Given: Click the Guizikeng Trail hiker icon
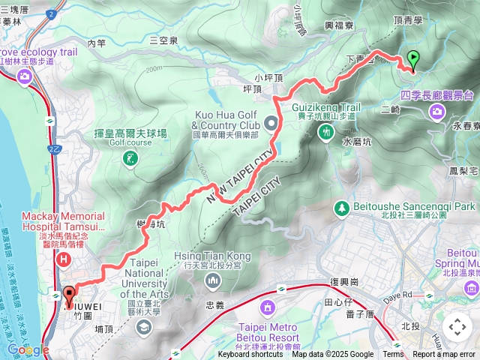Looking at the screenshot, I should pos(325,132).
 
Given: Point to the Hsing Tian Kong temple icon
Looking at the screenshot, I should pos(213,280).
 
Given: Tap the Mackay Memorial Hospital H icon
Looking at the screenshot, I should pos(64,259).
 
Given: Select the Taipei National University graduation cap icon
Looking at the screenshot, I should pos(143,327).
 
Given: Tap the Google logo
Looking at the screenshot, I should pos(28,349).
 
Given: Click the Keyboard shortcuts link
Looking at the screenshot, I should pos(250,355).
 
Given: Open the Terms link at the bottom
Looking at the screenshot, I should pos(393,355).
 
